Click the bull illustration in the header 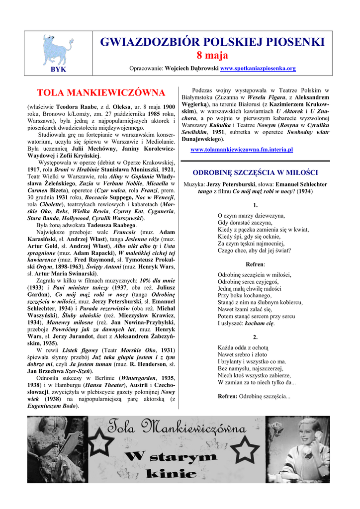tap(58, 49)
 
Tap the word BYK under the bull tap(58, 69)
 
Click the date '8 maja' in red tap(212, 56)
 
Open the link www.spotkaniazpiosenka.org tap(258, 68)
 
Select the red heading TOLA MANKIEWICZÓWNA tap(101, 93)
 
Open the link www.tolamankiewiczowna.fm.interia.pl tap(242, 149)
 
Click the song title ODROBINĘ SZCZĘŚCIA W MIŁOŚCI tap(255, 173)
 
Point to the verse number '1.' tap(255, 205)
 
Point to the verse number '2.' tap(255, 337)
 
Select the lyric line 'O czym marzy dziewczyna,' tap(251, 216)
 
